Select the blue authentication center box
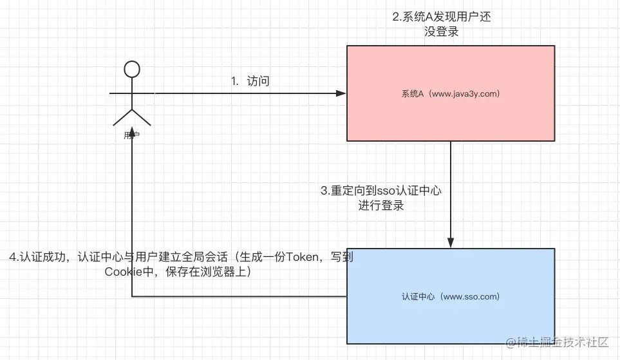coord(451,322)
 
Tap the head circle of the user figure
coord(132,68)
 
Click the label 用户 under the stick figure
coord(132,136)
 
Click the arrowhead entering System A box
coord(342,93)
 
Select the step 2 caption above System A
coord(442,24)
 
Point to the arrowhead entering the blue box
coord(451,243)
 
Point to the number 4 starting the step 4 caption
coord(14,257)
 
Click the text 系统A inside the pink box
coord(412,94)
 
